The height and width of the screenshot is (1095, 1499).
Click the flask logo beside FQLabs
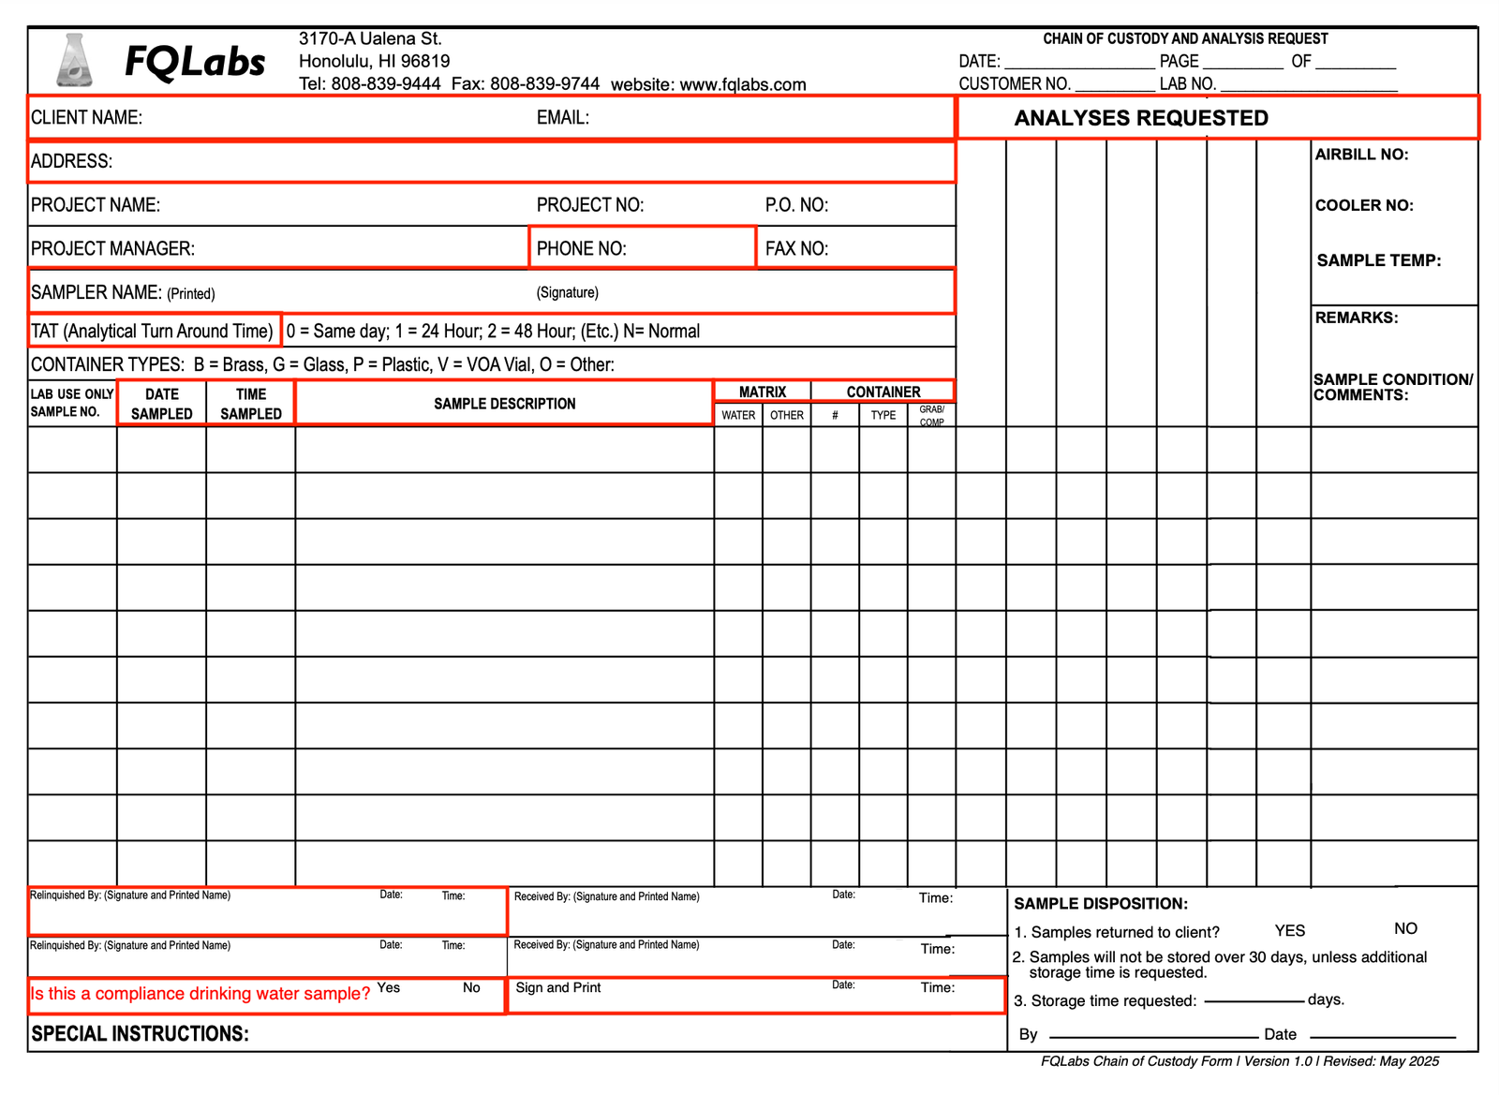pos(74,61)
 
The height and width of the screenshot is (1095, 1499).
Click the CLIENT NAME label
pos(86,118)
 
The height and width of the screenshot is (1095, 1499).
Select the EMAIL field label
pos(562,118)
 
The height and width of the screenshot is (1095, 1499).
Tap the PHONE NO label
pos(581,249)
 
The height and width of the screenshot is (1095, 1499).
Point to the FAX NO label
pos(796,249)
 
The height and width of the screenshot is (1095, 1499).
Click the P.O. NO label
pos(796,205)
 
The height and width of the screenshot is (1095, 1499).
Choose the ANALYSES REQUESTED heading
pos(1141,118)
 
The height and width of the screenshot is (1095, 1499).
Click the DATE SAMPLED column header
pos(161,404)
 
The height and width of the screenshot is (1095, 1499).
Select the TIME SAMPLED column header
pos(250,404)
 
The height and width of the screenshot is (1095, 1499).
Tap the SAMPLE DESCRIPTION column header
pos(504,404)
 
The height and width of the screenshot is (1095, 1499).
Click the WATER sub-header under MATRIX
pos(738,415)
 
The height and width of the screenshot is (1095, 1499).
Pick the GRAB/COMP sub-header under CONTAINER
pos(931,416)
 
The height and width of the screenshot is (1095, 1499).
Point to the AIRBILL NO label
pos(1361,155)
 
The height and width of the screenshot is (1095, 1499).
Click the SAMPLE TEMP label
pos(1378,260)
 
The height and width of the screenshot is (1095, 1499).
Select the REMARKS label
pos(1356,318)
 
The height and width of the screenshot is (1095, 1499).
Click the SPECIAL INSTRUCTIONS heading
pos(140,1034)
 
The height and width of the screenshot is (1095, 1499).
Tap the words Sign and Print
pos(557,987)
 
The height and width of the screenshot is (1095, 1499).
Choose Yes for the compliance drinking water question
pos(388,987)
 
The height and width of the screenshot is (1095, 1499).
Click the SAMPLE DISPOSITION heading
pos(1100,904)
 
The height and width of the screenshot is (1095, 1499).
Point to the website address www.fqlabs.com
pos(742,84)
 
